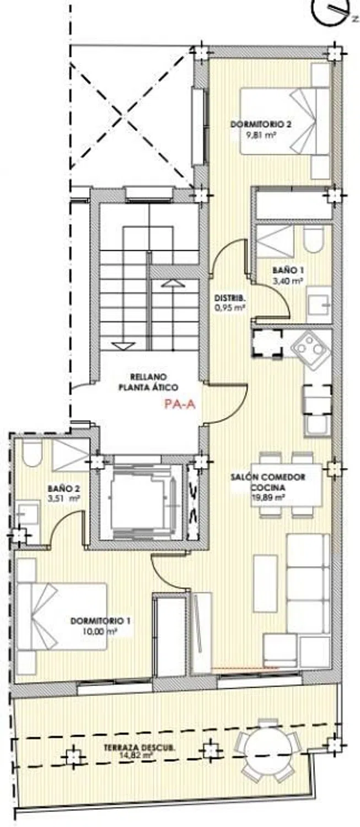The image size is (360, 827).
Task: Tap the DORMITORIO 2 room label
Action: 261,125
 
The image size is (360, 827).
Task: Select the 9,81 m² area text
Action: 261,135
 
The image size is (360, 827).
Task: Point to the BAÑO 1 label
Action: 288,271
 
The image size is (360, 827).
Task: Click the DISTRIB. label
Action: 231,298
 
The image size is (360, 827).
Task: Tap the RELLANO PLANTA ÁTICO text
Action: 148,382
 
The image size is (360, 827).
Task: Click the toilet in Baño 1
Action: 314,239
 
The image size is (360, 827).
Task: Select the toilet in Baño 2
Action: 32,453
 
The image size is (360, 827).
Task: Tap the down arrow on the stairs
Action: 123,345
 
